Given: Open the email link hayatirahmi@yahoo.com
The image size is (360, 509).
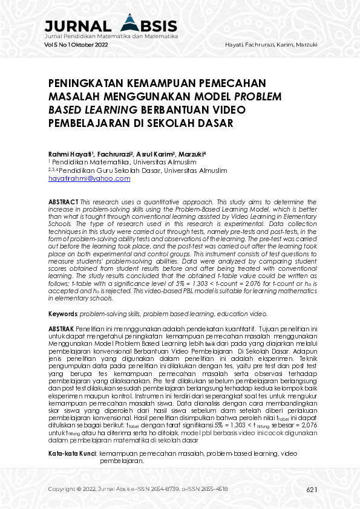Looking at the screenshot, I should (x=90, y=179).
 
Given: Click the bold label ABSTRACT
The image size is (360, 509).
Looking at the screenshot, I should (x=63, y=200).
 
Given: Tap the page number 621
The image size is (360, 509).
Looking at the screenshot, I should (x=312, y=489).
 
